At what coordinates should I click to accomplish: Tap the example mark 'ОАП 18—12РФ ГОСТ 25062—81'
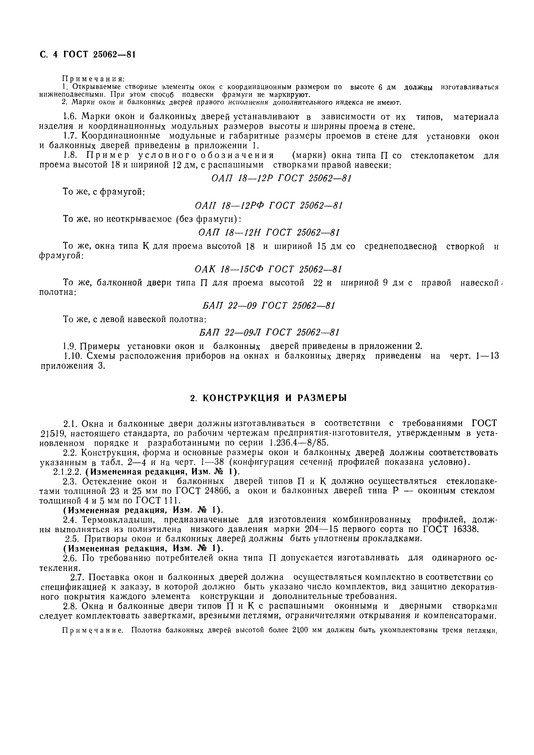(269, 206)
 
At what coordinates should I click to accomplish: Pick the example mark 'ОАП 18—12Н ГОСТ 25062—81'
(269, 233)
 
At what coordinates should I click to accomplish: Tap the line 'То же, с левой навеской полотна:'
(135, 319)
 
